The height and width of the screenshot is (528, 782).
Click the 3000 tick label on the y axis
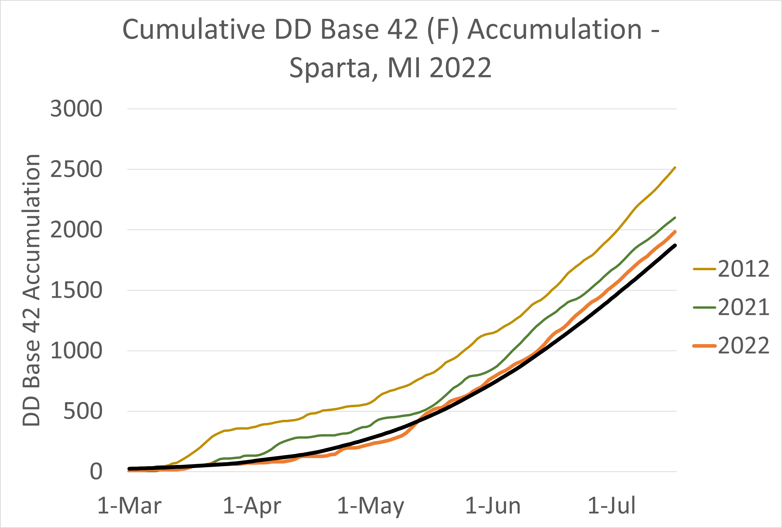(76, 109)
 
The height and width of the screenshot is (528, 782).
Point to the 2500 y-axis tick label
(76, 169)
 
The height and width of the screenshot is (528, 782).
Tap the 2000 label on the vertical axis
(76, 230)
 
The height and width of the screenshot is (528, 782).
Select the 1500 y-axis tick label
(76, 290)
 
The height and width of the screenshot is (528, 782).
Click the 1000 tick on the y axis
(76, 351)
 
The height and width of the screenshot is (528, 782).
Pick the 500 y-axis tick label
(83, 411)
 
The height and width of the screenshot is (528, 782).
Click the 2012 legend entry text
(744, 269)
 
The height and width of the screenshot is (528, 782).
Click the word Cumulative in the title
(194, 30)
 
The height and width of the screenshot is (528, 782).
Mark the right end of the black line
(675, 246)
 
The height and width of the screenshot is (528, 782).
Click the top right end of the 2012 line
(675, 167)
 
